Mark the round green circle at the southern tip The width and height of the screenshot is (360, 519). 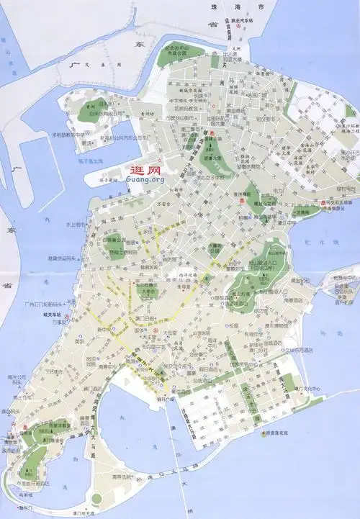[x=96, y=499]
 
